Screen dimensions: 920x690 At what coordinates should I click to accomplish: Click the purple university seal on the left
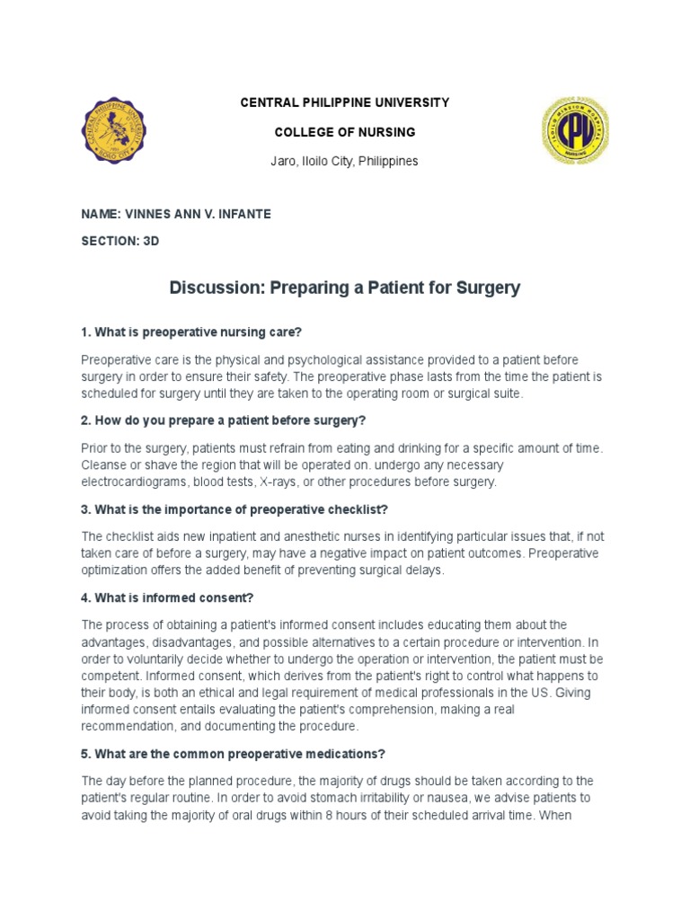point(116,132)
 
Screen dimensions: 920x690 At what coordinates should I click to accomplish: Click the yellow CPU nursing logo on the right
point(575,132)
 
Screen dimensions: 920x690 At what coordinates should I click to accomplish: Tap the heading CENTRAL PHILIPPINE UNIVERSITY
point(344,103)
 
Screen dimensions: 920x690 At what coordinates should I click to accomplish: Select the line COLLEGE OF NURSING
point(344,132)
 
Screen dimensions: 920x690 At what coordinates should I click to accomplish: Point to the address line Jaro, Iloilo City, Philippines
point(344,161)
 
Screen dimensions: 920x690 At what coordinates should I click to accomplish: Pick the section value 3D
point(151,242)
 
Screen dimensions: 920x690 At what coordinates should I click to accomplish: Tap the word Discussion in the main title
point(211,288)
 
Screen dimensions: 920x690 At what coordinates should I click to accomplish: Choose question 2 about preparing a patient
point(224,420)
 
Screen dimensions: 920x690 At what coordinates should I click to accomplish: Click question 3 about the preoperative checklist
point(234,509)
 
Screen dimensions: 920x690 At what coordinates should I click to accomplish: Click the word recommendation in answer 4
point(130,726)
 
